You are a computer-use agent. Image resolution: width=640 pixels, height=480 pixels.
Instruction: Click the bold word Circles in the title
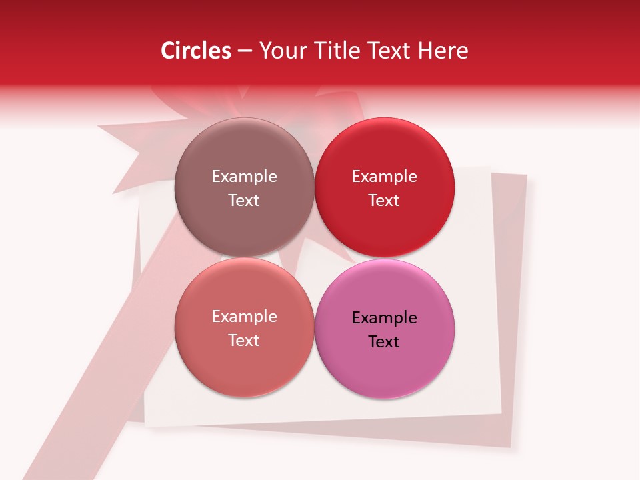click(x=196, y=51)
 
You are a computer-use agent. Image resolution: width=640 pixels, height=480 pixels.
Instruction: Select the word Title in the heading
click(x=340, y=51)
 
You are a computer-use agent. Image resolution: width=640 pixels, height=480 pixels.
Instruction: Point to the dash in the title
click(x=245, y=51)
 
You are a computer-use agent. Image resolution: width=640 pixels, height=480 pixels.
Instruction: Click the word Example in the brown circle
click(x=244, y=177)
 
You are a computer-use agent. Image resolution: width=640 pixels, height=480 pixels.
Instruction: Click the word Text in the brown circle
click(x=244, y=201)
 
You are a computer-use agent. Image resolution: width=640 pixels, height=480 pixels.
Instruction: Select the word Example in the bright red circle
click(x=385, y=177)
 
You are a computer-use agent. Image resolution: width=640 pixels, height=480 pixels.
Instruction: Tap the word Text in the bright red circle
click(x=385, y=201)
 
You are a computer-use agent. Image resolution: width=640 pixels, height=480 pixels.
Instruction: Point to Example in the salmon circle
click(x=244, y=317)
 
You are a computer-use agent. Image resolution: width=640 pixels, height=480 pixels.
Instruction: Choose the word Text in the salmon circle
click(x=244, y=341)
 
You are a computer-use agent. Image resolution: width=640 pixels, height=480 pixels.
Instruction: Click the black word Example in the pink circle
click(x=385, y=318)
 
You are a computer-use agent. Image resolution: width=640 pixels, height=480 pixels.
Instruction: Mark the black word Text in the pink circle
click(x=385, y=342)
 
